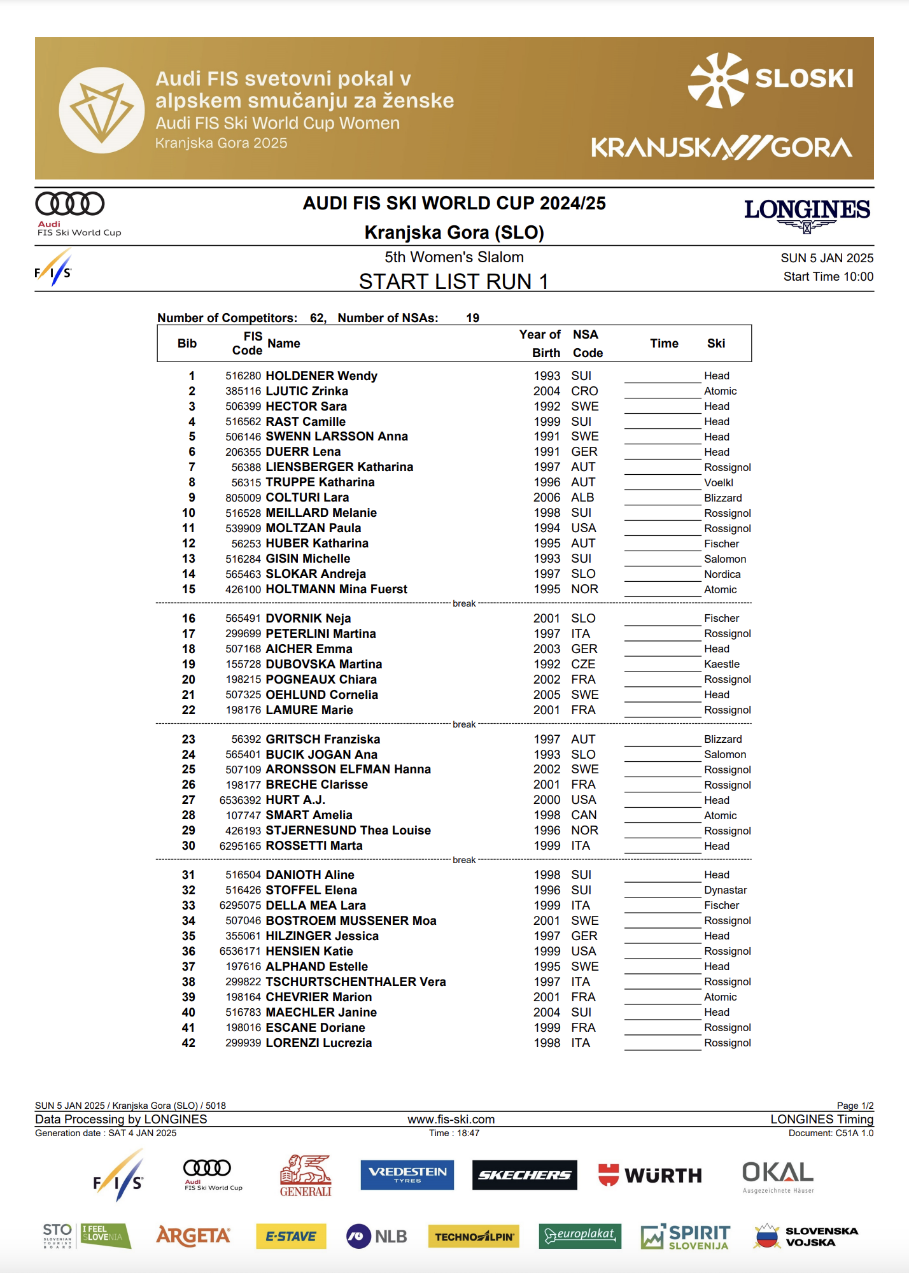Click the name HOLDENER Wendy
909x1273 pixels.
point(321,376)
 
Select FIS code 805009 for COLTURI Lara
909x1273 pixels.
point(243,498)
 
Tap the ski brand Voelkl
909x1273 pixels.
point(719,482)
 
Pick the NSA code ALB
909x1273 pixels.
point(582,498)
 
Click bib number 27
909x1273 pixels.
point(188,800)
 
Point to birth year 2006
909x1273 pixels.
point(547,498)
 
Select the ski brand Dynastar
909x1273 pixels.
point(725,890)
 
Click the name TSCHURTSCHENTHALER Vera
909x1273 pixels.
point(355,982)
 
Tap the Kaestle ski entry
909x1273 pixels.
point(721,665)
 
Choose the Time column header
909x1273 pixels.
point(664,344)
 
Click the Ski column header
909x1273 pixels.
point(716,344)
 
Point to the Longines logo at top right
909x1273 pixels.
point(807,214)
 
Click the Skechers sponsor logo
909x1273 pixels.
point(525,1175)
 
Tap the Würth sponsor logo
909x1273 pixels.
point(650,1175)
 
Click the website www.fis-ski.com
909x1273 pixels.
point(451,1120)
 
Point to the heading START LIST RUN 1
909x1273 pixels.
point(453,281)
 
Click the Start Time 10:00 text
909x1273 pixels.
point(828,277)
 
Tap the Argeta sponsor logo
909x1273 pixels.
point(193,1236)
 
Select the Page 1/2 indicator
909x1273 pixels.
point(854,1106)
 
